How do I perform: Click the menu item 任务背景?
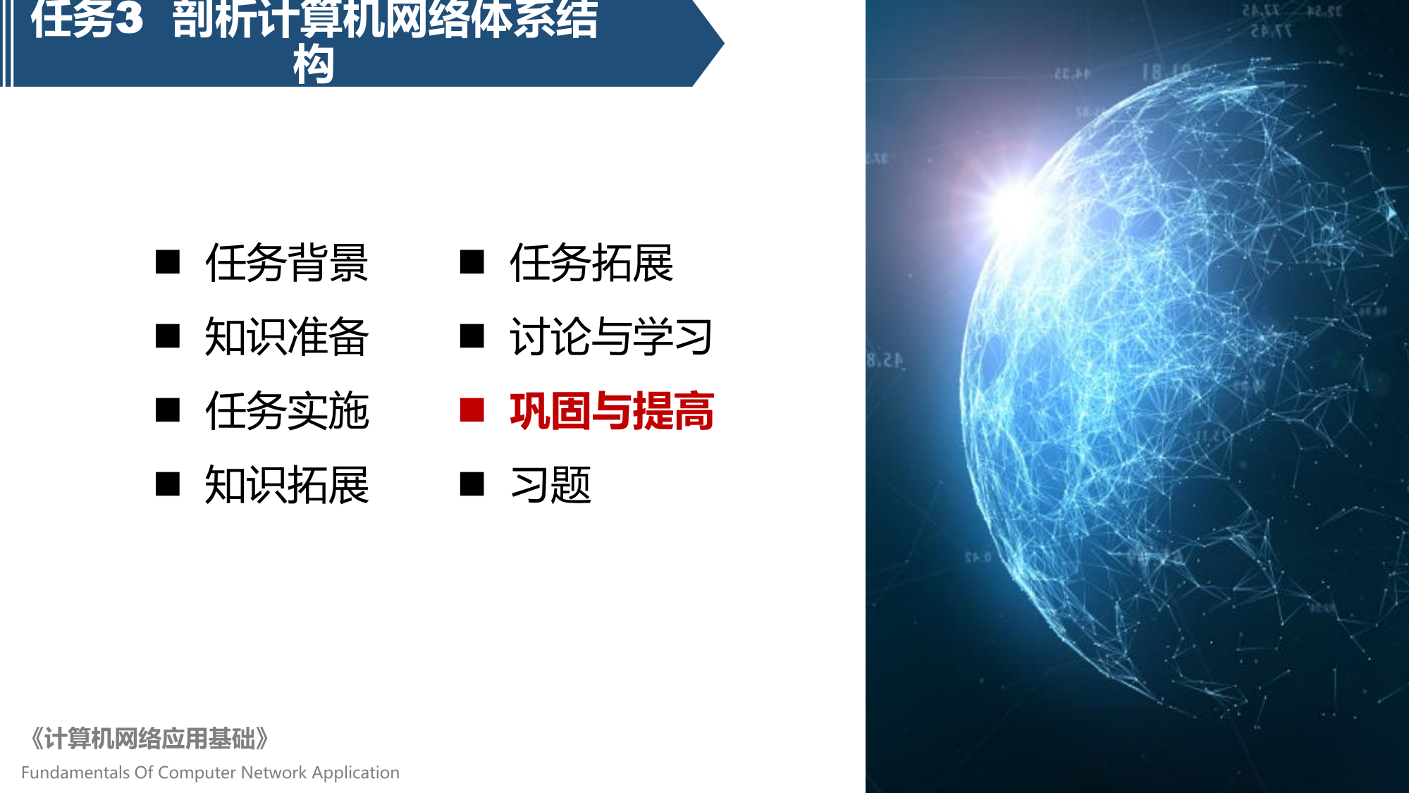click(x=287, y=263)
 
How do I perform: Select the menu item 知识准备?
click(x=287, y=337)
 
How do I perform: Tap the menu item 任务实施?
click(x=287, y=411)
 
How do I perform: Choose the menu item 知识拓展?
click(x=287, y=485)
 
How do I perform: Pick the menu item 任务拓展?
click(x=591, y=263)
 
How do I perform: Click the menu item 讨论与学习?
click(x=611, y=337)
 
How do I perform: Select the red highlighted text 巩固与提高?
click(x=611, y=411)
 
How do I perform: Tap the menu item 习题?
click(x=550, y=485)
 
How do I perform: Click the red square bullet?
click(x=472, y=410)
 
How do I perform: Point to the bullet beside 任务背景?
click(x=168, y=262)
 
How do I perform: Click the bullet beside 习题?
click(x=472, y=484)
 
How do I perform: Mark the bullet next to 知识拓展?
click(x=168, y=484)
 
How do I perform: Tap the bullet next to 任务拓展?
click(x=472, y=262)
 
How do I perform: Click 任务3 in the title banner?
click(x=87, y=18)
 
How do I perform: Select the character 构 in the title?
click(x=314, y=64)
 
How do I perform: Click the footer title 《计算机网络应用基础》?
click(x=149, y=739)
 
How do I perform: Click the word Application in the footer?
click(x=355, y=773)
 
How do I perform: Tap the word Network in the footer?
click(x=274, y=773)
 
